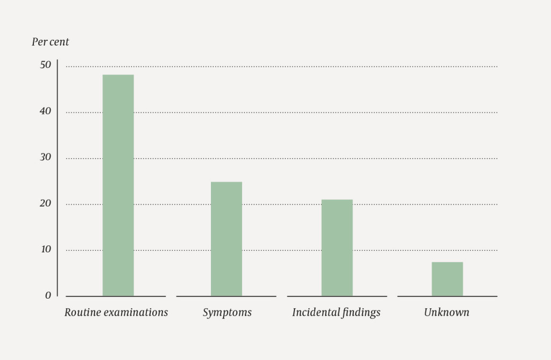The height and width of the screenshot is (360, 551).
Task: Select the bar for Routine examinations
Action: click(x=118, y=185)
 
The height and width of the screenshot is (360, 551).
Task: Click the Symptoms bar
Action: click(x=226, y=239)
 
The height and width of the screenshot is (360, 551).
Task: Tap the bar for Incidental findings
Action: click(x=337, y=248)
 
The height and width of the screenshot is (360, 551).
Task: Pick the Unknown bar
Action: click(x=447, y=279)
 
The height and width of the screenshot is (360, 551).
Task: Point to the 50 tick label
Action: click(x=45, y=65)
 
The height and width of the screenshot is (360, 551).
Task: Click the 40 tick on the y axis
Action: click(x=45, y=111)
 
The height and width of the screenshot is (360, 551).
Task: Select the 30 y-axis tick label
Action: click(x=45, y=157)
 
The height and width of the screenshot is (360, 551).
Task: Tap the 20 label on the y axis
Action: click(x=45, y=203)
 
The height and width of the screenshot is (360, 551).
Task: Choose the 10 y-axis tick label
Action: click(x=45, y=249)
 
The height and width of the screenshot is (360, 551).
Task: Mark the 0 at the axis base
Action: click(x=48, y=295)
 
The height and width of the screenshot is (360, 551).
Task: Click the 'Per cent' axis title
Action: click(x=50, y=42)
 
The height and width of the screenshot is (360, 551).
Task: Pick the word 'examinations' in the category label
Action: click(x=135, y=312)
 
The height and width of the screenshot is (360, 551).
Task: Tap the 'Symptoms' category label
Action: click(x=227, y=313)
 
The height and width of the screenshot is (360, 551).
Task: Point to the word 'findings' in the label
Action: click(x=361, y=312)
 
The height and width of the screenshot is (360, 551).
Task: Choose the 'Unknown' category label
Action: click(x=447, y=312)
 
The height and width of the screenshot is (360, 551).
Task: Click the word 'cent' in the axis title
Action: click(x=59, y=42)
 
